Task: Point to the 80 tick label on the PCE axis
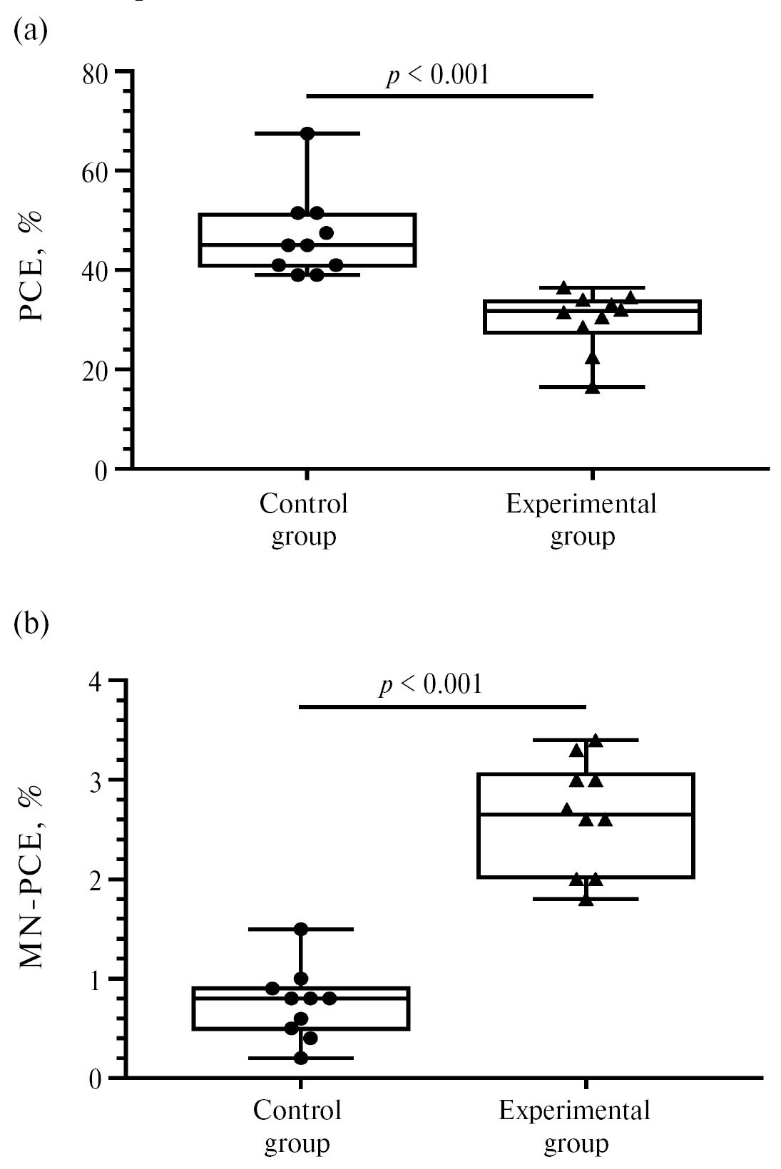coord(98,73)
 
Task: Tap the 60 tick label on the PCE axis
coord(98,171)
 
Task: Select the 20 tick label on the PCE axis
coord(98,370)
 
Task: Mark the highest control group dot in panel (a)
coord(307,133)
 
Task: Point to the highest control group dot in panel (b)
coord(301,929)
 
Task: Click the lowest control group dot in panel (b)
coord(301,1058)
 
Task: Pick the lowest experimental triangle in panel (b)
coord(586,900)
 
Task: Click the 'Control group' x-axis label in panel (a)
coord(304,520)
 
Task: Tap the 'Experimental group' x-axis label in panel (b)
coord(575,1127)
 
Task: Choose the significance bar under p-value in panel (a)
coord(449,96)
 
